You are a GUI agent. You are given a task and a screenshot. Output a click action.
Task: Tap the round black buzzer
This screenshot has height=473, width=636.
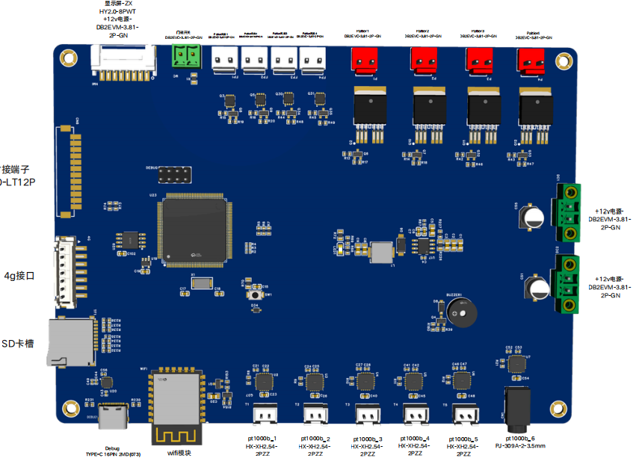(x=464, y=314)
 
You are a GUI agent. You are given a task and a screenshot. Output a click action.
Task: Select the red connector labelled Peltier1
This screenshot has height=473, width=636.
(x=365, y=61)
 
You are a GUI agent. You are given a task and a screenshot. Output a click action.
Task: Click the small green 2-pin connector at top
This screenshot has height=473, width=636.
(x=187, y=56)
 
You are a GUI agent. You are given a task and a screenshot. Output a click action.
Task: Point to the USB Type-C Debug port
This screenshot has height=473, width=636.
(x=115, y=418)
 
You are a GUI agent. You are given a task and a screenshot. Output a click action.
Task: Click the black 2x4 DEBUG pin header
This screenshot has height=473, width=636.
(x=173, y=176)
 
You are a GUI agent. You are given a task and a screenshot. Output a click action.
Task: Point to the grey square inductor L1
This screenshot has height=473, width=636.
(x=382, y=252)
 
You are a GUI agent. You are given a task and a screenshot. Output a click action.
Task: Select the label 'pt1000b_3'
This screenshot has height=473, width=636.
(x=367, y=439)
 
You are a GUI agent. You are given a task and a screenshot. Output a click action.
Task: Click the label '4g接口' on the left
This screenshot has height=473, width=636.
(x=20, y=276)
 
